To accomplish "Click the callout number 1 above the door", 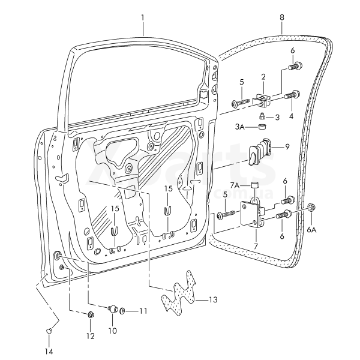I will (143, 17).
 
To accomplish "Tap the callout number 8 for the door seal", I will (281, 17).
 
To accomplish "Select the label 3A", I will (239, 127).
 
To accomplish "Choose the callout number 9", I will (287, 146).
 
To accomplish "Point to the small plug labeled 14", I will (49, 330).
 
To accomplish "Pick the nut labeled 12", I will (91, 315).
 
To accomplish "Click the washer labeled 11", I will (123, 311).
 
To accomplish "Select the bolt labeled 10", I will (112, 309).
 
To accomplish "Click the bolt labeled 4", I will (293, 95).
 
